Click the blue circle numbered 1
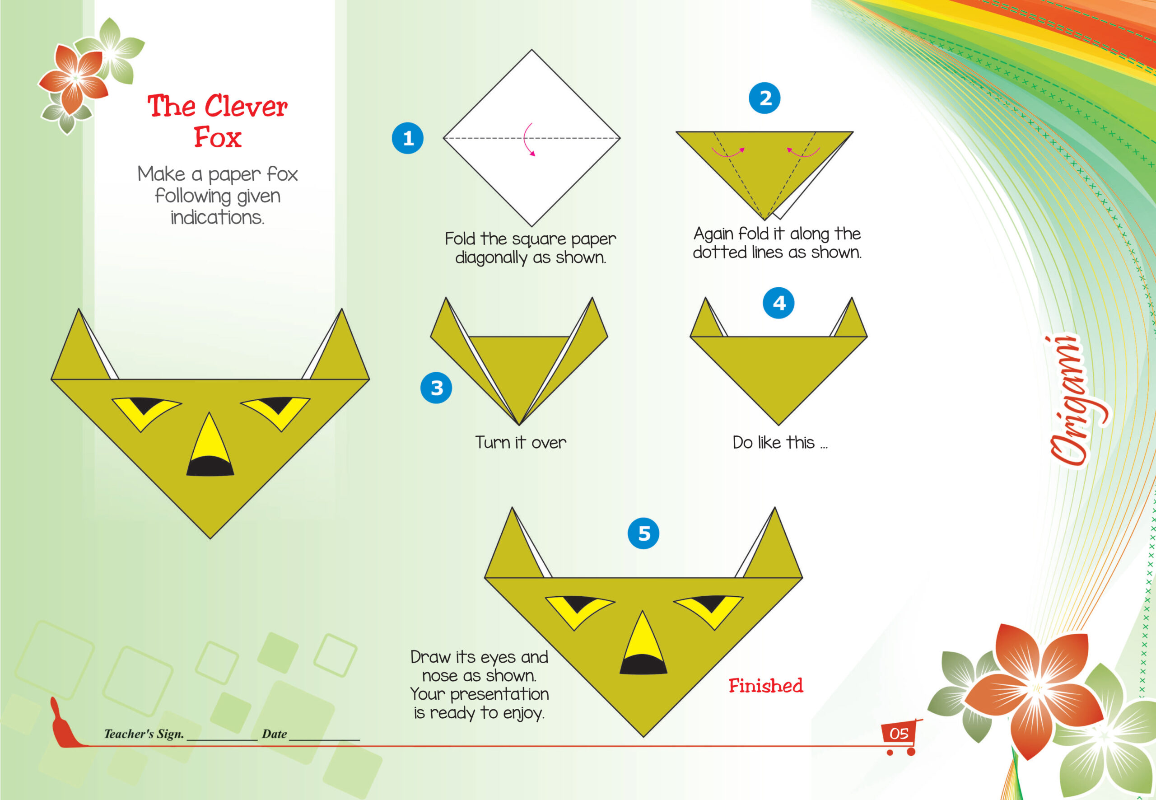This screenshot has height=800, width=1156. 407,138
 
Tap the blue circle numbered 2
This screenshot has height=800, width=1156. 764,98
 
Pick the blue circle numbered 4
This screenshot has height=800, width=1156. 778,303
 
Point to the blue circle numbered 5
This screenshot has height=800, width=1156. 643,533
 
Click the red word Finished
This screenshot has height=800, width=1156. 766,686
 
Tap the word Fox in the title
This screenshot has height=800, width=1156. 218,137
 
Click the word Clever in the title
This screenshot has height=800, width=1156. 246,106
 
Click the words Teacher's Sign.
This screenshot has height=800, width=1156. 144,734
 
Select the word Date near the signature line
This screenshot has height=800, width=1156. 274,734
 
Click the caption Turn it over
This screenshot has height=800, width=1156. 521,442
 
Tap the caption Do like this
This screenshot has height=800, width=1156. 780,442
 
